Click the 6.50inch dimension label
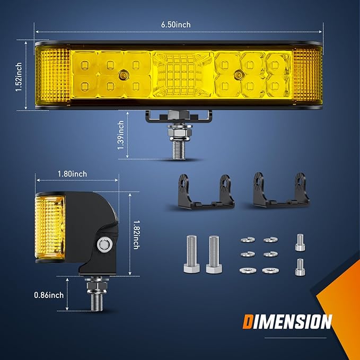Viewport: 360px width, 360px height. point(175,24)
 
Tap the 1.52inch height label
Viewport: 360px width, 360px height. point(19,77)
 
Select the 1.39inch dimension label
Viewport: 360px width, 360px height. point(121,135)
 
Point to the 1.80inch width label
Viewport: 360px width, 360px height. point(72,174)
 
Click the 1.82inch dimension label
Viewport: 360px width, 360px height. point(136,235)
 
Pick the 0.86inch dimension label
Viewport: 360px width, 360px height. point(49,295)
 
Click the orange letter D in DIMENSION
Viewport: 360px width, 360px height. point(248,322)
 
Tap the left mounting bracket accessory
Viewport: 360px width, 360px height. point(206,191)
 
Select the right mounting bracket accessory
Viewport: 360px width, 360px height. point(281,190)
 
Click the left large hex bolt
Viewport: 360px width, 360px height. point(192,254)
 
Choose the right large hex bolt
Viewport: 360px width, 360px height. point(214,254)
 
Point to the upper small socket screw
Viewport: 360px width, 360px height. point(300,242)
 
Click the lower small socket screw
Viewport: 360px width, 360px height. point(300,267)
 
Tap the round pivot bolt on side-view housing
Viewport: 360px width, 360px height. point(104,244)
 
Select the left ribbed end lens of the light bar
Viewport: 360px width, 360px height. point(53,75)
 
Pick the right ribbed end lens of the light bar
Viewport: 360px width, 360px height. point(307,75)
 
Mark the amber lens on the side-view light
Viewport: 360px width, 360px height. point(50,227)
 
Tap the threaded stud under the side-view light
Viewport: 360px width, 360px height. point(97,294)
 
